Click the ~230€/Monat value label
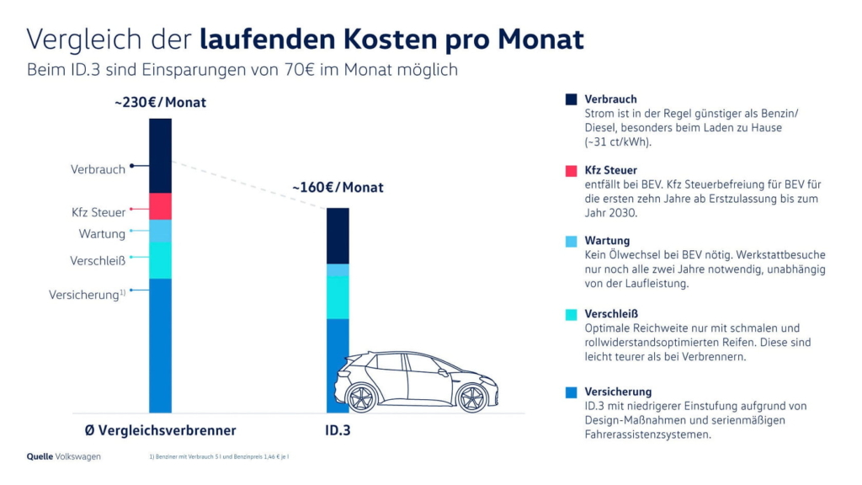[x=160, y=103]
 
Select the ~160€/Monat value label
[x=338, y=187]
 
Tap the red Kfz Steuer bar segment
[x=160, y=206]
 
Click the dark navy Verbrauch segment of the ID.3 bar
[x=338, y=236]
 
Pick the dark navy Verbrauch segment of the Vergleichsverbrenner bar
[x=160, y=156]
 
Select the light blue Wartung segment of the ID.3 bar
[x=338, y=270]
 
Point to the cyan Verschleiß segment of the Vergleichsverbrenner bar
[x=160, y=260]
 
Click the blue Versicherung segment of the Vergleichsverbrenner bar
[x=160, y=345]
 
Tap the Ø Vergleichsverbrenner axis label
[x=160, y=430]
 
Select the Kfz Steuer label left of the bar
[x=98, y=212]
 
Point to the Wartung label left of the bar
[x=102, y=234]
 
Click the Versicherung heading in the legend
[x=618, y=392]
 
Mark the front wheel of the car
[x=361, y=397]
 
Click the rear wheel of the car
[x=469, y=397]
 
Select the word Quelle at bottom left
[x=40, y=456]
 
